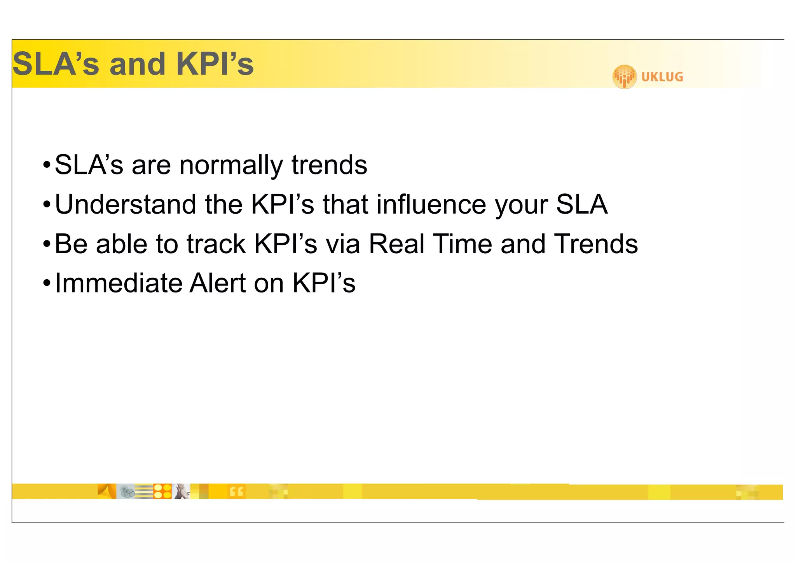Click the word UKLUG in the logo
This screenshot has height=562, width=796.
pyautogui.click(x=662, y=77)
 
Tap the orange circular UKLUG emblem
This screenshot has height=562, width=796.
pyautogui.click(x=624, y=77)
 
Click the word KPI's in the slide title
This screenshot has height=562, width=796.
pyautogui.click(x=215, y=64)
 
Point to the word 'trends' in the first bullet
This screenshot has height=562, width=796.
pyautogui.click(x=329, y=165)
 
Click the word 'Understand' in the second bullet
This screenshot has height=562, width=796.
pyautogui.click(x=126, y=205)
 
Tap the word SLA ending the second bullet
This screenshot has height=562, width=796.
pyautogui.click(x=582, y=205)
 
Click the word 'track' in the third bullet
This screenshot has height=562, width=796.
pyautogui.click(x=216, y=244)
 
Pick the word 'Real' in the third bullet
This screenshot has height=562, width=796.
pyautogui.click(x=396, y=244)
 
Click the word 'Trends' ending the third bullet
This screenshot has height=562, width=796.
pyautogui.click(x=596, y=244)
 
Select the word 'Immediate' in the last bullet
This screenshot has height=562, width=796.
pyautogui.click(x=118, y=283)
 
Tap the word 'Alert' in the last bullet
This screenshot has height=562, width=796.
pyautogui.click(x=218, y=283)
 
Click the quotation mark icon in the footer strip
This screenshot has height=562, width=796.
pyautogui.click(x=236, y=492)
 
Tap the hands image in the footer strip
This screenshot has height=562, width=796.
pyautogui.click(x=182, y=491)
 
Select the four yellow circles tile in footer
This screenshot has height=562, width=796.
pyautogui.click(x=162, y=491)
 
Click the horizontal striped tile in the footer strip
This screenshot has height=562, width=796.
pyautogui.click(x=143, y=491)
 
